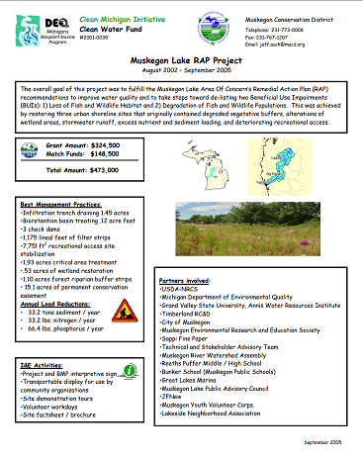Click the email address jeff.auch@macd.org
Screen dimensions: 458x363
[x=301, y=45]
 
